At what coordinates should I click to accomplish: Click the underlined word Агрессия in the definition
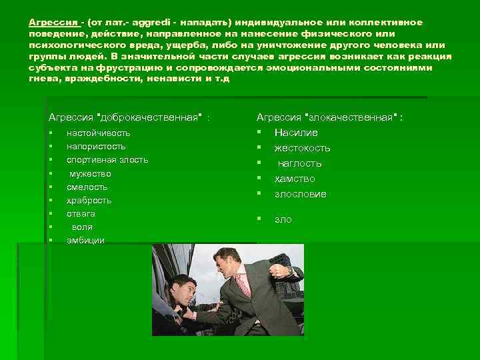[53, 23]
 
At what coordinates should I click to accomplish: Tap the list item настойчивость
[98, 133]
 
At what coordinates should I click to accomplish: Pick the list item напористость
[96, 146]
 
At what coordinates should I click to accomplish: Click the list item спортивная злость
[107, 159]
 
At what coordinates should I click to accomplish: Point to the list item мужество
[91, 173]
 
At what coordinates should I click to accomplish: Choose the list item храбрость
[89, 200]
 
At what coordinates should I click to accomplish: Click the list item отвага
[81, 213]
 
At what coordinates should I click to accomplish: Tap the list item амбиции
[85, 240]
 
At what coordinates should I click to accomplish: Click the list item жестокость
[302, 148]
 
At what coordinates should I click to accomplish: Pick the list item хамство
[295, 179]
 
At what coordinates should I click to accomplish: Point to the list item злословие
[300, 194]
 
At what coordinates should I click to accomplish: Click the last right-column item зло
[283, 219]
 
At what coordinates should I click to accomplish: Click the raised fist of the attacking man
[275, 271]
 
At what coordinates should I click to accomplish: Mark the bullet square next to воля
[51, 227]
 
